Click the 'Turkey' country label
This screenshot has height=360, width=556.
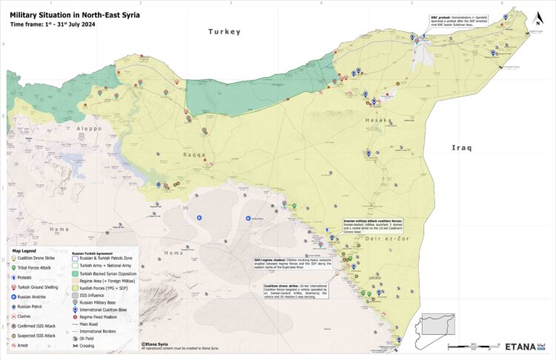[x=225, y=32]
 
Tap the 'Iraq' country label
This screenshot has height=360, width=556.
[x=462, y=148]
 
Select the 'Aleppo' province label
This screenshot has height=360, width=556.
[x=87, y=128]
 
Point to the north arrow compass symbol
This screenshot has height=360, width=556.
[x=537, y=20]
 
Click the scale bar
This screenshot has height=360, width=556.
[x=474, y=346]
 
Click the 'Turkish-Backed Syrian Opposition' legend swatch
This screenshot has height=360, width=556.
[x=75, y=273]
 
